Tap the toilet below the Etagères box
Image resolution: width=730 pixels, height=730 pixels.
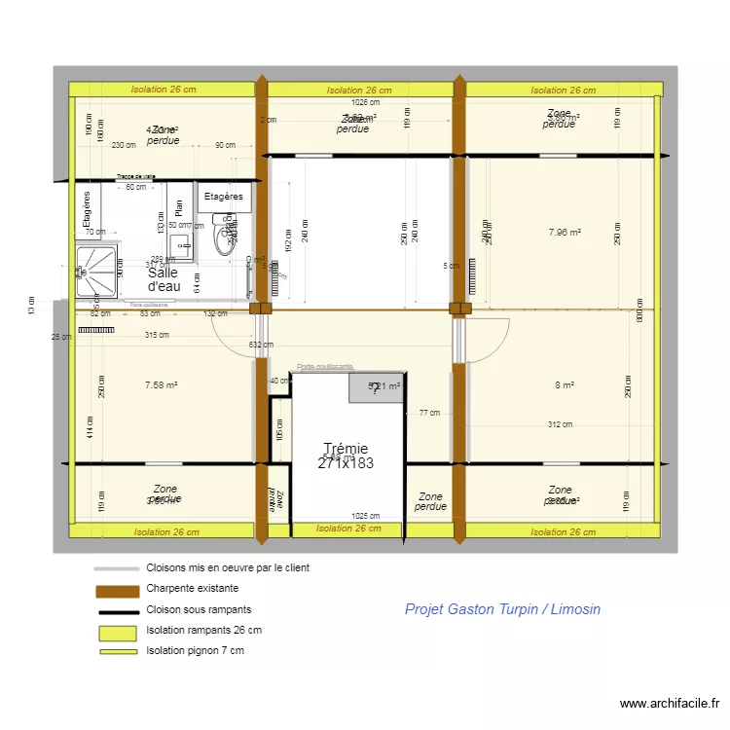tap(226, 236)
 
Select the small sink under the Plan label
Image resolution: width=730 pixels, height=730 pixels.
tap(180, 248)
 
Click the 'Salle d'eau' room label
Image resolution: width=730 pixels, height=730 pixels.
tap(163, 279)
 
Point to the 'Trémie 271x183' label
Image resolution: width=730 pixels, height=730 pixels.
tap(346, 456)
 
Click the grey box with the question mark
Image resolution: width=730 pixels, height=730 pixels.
tap(377, 386)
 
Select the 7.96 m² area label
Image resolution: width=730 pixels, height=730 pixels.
tap(564, 233)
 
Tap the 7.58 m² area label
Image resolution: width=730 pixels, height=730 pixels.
tap(161, 385)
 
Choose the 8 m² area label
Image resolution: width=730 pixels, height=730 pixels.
tap(564, 385)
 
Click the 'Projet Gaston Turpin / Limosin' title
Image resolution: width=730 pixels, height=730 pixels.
tap(502, 609)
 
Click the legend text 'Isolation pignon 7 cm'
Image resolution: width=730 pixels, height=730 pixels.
tap(195, 650)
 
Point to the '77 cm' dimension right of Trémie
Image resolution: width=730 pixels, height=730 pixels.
tap(429, 413)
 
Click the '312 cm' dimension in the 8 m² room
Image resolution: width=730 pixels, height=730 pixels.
tap(560, 424)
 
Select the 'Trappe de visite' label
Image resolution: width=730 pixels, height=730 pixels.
tap(136, 177)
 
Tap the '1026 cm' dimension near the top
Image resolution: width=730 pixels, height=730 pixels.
tap(366, 102)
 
